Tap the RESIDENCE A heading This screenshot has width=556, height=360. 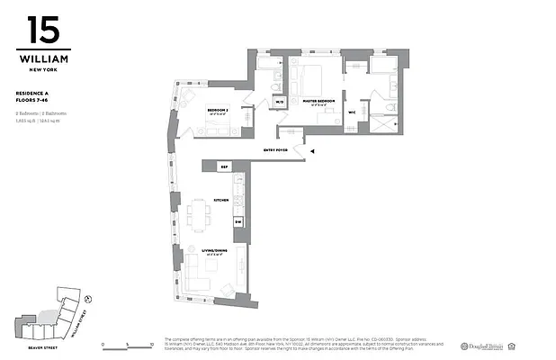pyautogui.click(x=36, y=93)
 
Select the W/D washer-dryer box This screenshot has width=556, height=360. pyautogui.click(x=279, y=102)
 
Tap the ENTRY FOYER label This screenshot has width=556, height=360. pyautogui.click(x=276, y=149)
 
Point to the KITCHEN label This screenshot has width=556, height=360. pyautogui.click(x=220, y=201)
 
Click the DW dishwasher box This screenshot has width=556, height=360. pyautogui.click(x=238, y=220)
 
